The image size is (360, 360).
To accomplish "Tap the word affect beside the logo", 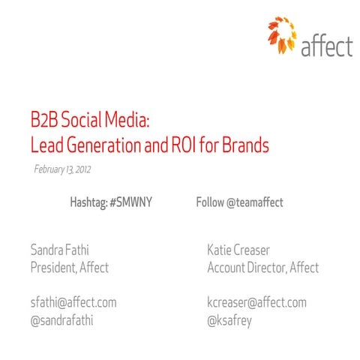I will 326,46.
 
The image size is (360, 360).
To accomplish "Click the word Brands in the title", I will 247,145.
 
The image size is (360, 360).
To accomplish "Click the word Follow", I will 209,202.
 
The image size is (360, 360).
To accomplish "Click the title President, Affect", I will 69,267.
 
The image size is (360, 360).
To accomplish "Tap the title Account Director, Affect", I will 262,267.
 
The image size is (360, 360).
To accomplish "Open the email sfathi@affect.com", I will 73,303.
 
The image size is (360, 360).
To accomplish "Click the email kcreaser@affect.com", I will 256,303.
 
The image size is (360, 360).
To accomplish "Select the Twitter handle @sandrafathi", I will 61,321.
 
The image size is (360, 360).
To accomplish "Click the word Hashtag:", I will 88,202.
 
